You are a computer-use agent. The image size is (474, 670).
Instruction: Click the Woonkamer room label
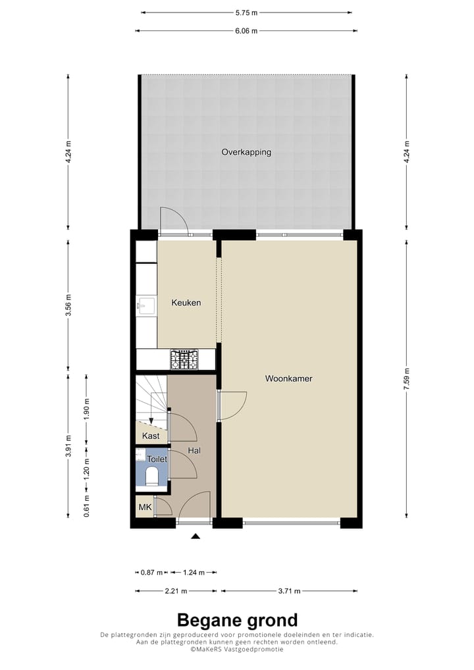[288, 378]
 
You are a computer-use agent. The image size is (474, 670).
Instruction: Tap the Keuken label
[186, 303]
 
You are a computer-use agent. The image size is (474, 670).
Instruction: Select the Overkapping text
[246, 152]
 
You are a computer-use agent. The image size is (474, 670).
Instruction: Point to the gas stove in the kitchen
[184, 359]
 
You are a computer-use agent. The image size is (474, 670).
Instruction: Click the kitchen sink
[145, 306]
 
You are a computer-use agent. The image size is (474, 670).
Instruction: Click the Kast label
[151, 436]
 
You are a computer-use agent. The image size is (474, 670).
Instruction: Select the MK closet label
[144, 507]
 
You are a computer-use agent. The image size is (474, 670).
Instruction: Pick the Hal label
[194, 451]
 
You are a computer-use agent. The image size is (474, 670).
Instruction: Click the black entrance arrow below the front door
[195, 537]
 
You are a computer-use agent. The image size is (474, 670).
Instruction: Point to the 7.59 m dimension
[408, 379]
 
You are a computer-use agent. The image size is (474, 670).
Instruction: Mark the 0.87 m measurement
[151, 572]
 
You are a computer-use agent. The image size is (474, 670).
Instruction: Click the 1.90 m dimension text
[87, 409]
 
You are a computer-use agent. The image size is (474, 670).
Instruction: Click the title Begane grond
[237, 619]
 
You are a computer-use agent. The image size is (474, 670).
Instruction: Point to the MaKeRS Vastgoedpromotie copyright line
[237, 649]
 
